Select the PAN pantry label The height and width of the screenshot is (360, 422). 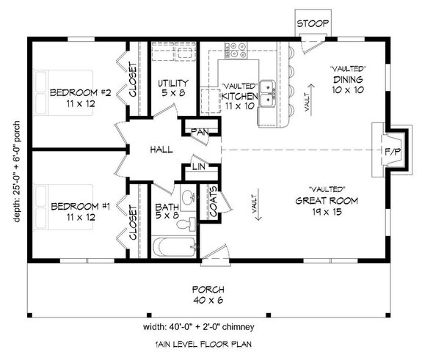coord(198,132)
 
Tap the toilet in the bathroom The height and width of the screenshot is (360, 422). coord(192,223)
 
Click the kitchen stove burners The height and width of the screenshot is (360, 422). coord(237,50)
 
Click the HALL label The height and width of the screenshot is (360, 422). coord(161,150)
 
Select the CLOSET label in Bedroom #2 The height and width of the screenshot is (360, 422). coord(133,79)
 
